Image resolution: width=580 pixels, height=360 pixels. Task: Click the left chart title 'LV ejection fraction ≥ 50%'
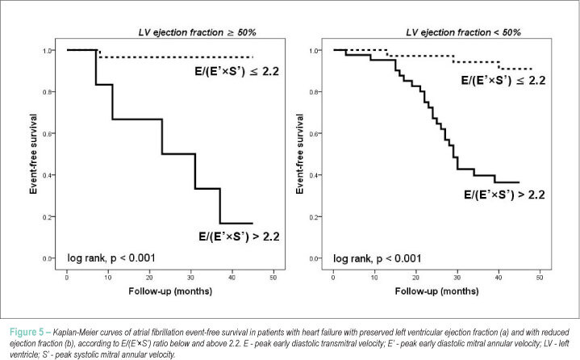(x=197, y=32)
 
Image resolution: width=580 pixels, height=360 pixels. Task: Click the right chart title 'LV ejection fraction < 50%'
(x=463, y=32)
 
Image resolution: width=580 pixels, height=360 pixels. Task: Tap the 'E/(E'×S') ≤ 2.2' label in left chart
(x=236, y=71)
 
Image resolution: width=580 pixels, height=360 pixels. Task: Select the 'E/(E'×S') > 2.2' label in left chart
(x=239, y=236)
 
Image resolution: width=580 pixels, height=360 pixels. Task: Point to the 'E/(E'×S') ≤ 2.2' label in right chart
(x=503, y=80)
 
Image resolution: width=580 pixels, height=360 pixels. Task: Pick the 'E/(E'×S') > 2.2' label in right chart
(x=504, y=195)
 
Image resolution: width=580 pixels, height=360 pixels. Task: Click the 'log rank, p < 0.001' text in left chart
(x=111, y=257)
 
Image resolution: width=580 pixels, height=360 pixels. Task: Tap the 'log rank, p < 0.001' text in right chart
(x=378, y=258)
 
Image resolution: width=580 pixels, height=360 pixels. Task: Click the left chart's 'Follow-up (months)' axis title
(x=170, y=291)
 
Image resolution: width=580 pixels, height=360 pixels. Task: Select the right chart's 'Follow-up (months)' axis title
(x=437, y=291)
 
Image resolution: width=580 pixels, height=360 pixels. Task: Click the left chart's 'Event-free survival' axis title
(x=34, y=154)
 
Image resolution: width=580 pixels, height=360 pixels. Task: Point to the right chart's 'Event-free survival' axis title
(x=299, y=154)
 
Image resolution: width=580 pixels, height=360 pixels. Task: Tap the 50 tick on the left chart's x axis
(x=273, y=278)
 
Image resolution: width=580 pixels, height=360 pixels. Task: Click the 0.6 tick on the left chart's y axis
(x=48, y=133)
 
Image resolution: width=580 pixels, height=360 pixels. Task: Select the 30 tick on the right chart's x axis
(x=457, y=278)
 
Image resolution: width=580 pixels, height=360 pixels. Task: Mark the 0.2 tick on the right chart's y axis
(x=314, y=217)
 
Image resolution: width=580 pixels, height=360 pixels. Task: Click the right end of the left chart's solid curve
(x=252, y=224)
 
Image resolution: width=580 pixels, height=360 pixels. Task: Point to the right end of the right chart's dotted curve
(x=532, y=69)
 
